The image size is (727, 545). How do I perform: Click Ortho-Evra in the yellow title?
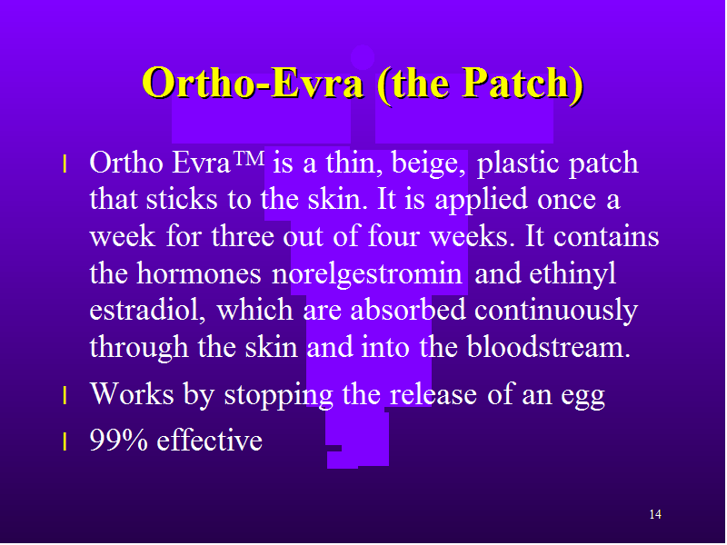pyautogui.click(x=253, y=84)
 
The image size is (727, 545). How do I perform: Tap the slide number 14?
pyautogui.click(x=655, y=514)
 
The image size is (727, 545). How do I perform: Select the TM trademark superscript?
pyautogui.click(x=248, y=158)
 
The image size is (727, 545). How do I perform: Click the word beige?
pyautogui.click(x=428, y=164)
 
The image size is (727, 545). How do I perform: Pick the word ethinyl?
pyautogui.click(x=573, y=273)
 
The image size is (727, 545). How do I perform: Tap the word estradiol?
pyautogui.click(x=147, y=310)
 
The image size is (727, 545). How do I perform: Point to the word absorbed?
pyautogui.click(x=408, y=310)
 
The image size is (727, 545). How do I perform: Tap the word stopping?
pyautogui.click(x=279, y=396)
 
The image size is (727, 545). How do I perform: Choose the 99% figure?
pyautogui.click(x=119, y=440)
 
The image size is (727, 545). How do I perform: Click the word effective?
pyautogui.click(x=210, y=440)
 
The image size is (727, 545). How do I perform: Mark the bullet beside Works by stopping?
pyautogui.click(x=65, y=396)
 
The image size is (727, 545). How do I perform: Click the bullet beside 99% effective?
pyautogui.click(x=65, y=441)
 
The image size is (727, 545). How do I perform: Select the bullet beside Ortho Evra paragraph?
pyautogui.click(x=65, y=164)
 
